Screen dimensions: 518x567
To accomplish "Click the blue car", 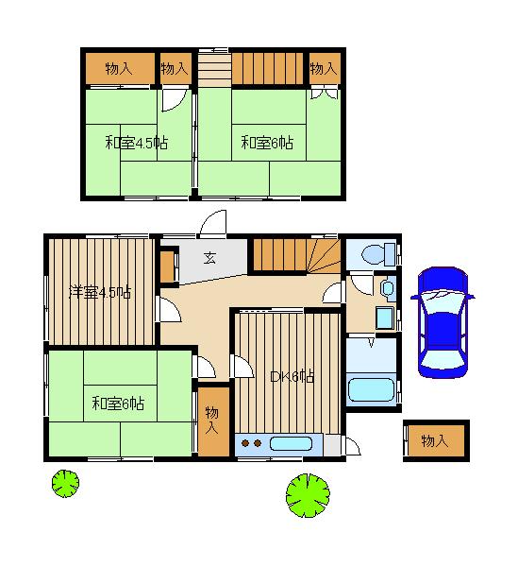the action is point(443,322).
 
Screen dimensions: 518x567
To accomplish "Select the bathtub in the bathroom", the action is point(371,389).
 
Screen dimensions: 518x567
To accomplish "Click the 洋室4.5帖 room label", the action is point(100,292).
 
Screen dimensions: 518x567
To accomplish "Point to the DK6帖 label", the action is point(292,377).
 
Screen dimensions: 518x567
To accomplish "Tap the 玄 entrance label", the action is point(209,258).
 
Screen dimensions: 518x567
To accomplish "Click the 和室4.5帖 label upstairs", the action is point(137,143).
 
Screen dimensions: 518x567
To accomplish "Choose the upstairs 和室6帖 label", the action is point(267,142).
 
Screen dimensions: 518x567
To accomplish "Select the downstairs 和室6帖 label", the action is point(118,404).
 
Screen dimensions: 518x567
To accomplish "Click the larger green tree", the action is point(308,495).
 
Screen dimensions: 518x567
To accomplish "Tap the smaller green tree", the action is point(65,484).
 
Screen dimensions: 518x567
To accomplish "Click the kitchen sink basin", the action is point(291,444).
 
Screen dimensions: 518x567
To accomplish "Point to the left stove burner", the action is point(245,443).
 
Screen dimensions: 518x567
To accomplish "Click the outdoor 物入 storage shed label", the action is point(435,440).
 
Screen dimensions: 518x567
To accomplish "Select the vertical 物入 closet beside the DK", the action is point(212,421).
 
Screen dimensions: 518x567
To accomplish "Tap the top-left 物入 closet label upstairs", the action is point(119,68).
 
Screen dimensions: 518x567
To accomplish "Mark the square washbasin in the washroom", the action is point(384,318).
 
